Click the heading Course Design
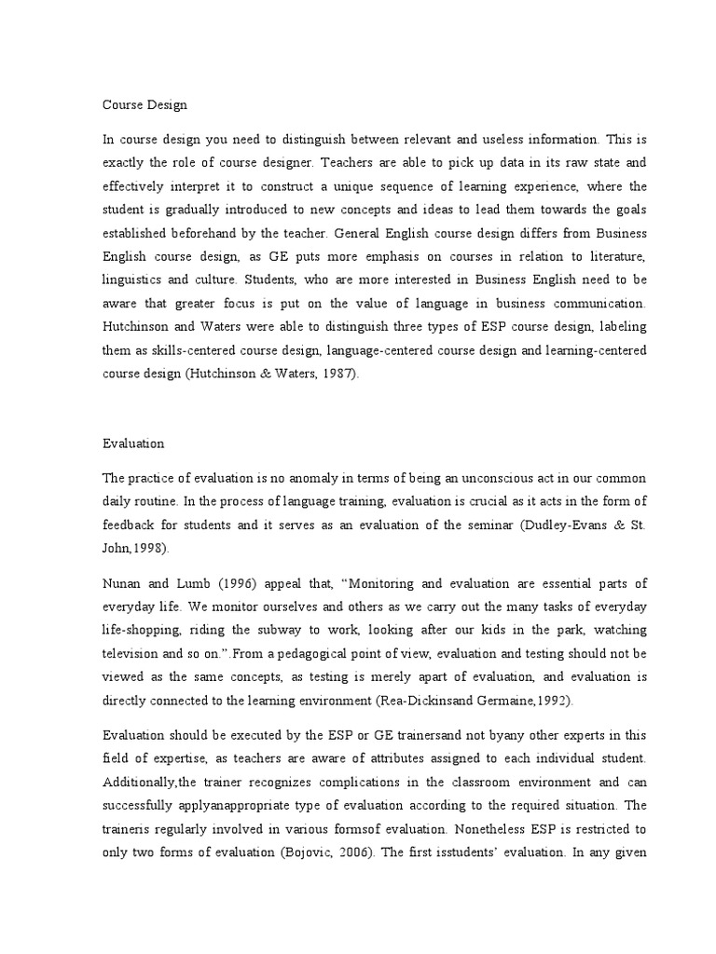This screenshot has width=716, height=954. click(145, 105)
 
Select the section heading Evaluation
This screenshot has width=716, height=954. click(132, 444)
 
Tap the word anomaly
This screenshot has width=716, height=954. click(303, 478)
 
